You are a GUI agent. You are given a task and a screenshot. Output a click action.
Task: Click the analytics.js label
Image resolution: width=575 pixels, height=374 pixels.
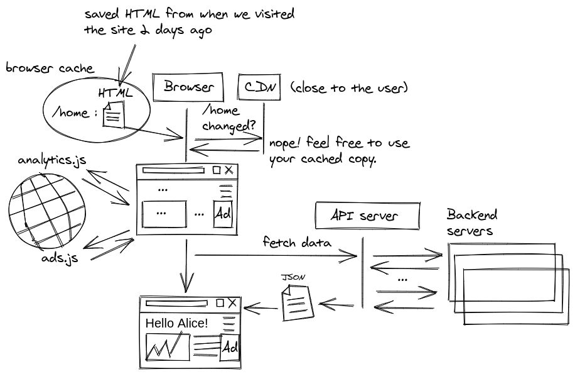click(52, 160)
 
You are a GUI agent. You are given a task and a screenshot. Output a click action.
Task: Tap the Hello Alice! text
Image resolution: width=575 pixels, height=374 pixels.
click(177, 324)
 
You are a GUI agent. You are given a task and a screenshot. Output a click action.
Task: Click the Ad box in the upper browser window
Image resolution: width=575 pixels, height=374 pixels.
click(223, 214)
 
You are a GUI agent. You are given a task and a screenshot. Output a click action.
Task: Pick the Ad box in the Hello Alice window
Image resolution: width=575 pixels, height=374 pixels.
click(230, 348)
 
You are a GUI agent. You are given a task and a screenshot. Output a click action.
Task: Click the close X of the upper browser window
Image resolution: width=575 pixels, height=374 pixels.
click(228, 170)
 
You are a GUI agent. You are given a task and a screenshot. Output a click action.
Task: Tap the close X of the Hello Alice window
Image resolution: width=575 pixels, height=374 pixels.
click(233, 304)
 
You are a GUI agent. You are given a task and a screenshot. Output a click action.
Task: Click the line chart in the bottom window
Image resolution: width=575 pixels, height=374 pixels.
click(167, 348)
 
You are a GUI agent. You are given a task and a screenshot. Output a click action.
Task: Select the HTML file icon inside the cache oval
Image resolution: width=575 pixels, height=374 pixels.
click(114, 116)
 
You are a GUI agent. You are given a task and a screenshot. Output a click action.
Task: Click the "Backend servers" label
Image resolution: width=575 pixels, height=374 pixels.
click(471, 223)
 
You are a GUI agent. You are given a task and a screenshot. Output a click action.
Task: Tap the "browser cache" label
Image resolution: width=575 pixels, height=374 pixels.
click(50, 69)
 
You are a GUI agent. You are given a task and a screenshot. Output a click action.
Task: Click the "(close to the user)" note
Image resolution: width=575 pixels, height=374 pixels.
click(349, 88)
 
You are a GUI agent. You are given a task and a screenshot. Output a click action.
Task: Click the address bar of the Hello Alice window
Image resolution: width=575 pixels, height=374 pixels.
click(176, 304)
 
